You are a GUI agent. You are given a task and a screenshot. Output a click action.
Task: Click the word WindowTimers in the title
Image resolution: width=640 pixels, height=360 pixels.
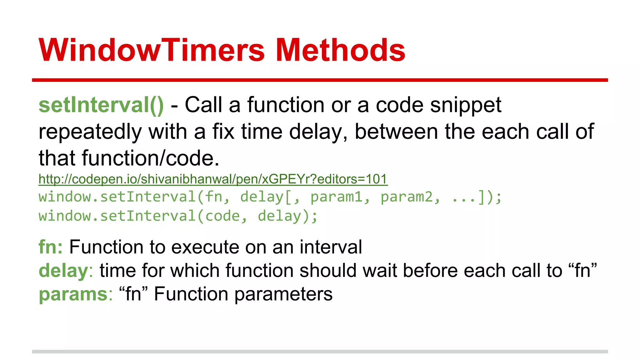click(x=152, y=50)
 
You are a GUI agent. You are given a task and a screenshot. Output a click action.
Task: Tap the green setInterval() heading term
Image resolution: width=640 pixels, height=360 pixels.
click(x=101, y=105)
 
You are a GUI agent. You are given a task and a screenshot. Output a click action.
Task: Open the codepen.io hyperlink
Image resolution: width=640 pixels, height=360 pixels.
click(x=213, y=179)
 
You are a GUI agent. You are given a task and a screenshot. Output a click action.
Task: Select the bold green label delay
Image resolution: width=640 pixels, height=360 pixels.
click(x=63, y=271)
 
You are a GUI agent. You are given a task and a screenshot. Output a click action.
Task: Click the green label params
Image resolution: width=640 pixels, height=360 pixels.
click(x=73, y=295)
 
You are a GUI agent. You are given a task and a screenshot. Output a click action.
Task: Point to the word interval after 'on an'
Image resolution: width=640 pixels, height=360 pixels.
click(x=331, y=247)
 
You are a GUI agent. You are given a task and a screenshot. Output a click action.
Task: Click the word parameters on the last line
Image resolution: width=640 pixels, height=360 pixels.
click(x=283, y=295)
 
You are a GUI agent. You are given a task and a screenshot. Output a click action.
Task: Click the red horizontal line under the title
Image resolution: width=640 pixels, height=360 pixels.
click(x=320, y=80)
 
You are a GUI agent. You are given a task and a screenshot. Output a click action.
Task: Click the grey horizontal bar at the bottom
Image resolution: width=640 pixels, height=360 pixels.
click(x=320, y=352)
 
